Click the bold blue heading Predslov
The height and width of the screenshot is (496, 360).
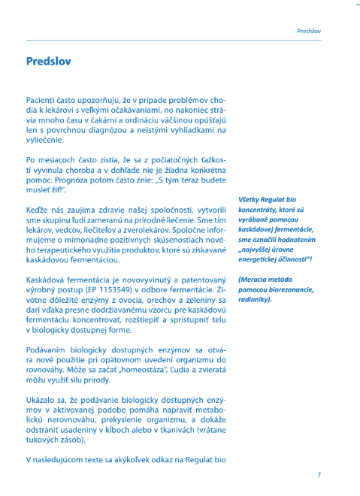tap(49, 61)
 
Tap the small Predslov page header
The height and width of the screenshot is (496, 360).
tap(309, 32)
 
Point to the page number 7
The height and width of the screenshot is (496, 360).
tap(319, 474)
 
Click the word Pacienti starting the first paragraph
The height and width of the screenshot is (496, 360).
tap(41, 99)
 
